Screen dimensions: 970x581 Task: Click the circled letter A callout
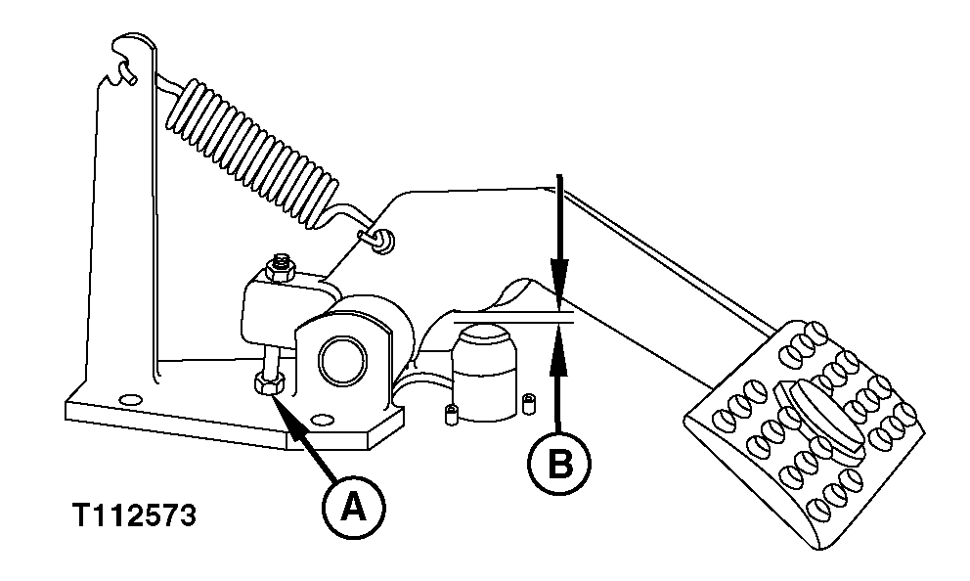[354, 508]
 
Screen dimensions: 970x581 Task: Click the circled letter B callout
[559, 464]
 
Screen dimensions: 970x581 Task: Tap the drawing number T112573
[135, 515]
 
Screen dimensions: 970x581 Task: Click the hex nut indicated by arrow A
[269, 383]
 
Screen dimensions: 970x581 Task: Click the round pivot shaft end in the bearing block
[344, 362]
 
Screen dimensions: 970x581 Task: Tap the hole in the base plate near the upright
[129, 400]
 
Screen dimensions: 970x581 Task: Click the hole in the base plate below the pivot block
[320, 422]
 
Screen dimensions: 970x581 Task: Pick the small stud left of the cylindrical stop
[451, 414]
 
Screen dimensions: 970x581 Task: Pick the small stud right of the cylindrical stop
[528, 403]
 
